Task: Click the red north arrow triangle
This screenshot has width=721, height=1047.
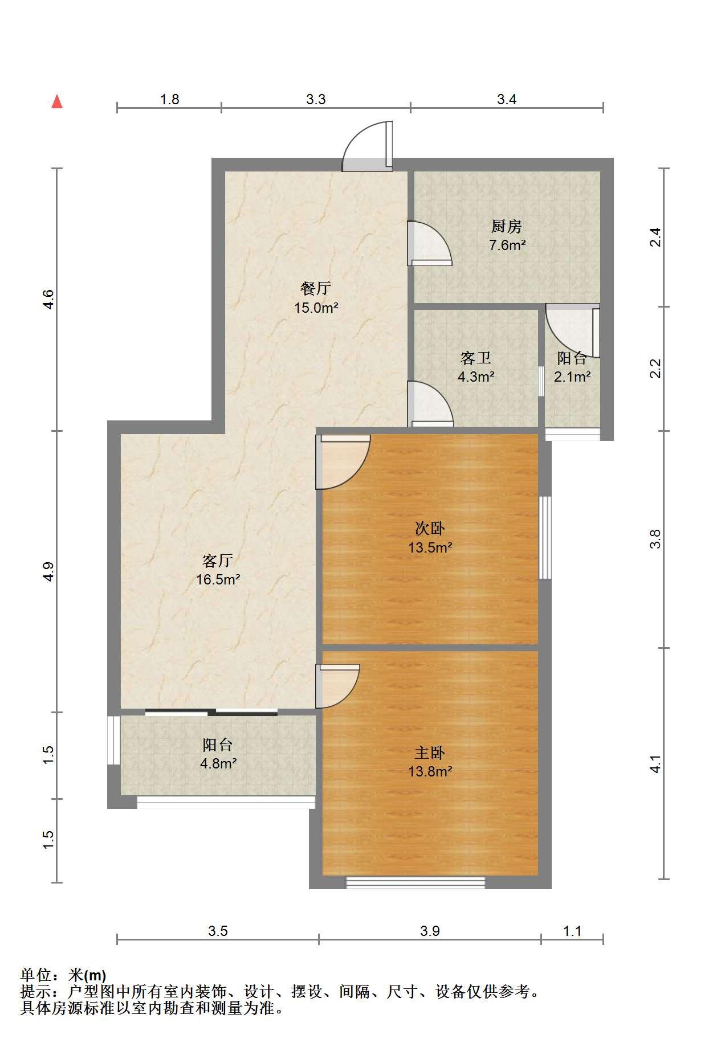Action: [x=57, y=101]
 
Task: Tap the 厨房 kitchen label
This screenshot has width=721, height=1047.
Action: [x=507, y=227]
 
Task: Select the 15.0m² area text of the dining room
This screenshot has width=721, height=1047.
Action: [x=316, y=308]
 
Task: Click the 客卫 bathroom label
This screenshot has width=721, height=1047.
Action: [x=476, y=358]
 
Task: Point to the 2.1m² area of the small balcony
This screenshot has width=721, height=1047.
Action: [x=572, y=377]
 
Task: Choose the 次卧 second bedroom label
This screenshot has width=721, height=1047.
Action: [x=430, y=529]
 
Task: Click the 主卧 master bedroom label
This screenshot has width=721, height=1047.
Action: [x=430, y=753]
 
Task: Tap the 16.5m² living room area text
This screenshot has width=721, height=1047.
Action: [x=218, y=580]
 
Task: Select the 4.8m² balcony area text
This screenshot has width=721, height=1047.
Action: [x=218, y=763]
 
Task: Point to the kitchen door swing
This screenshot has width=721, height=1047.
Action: [x=429, y=243]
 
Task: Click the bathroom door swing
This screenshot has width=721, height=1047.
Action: [x=430, y=404]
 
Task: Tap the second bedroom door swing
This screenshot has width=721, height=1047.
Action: [x=344, y=462]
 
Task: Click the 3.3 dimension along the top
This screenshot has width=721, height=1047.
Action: [x=316, y=99]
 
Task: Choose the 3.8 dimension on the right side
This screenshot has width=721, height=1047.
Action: [x=656, y=539]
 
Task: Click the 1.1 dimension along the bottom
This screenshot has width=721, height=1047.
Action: [x=572, y=931]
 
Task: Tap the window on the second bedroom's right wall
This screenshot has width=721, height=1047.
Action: [x=545, y=538]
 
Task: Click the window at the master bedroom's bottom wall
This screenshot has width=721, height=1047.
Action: [x=416, y=882]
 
